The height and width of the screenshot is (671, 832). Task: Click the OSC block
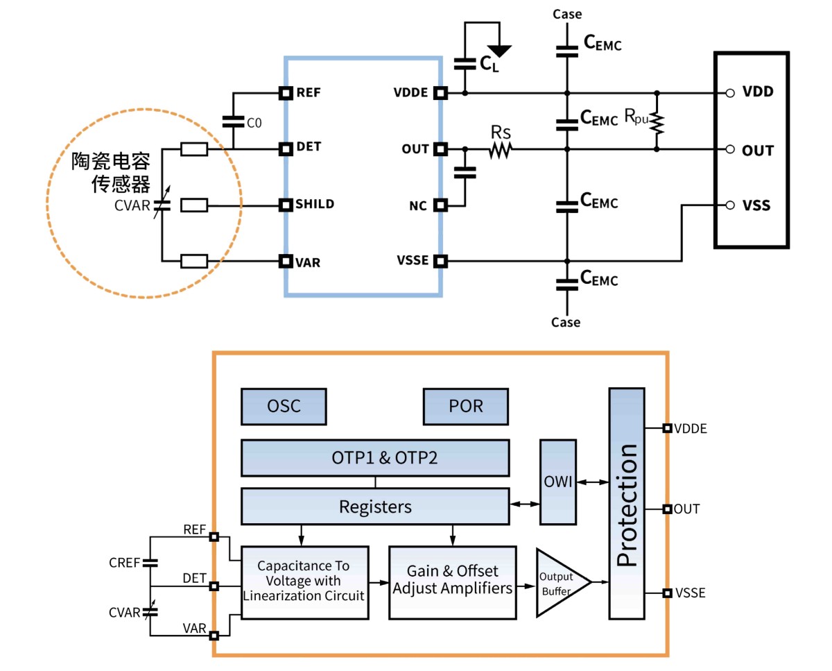point(284,406)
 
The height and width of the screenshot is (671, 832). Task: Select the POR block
point(466,406)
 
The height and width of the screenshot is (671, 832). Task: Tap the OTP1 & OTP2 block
point(375,458)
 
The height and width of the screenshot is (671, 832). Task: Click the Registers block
point(375,507)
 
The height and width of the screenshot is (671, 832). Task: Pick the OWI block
point(557,482)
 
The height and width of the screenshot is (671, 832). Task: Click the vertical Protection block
point(627,504)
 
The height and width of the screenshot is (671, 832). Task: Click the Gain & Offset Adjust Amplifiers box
point(452,582)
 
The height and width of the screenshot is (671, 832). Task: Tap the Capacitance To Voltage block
point(304,582)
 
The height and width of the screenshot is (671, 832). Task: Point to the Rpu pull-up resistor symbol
point(657,121)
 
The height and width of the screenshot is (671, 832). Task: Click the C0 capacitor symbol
point(232,121)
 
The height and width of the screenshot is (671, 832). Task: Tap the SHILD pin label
point(315,204)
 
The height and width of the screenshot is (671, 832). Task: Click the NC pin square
point(440,205)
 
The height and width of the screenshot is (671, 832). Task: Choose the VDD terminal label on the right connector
point(757,92)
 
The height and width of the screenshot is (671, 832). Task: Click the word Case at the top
point(566,14)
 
